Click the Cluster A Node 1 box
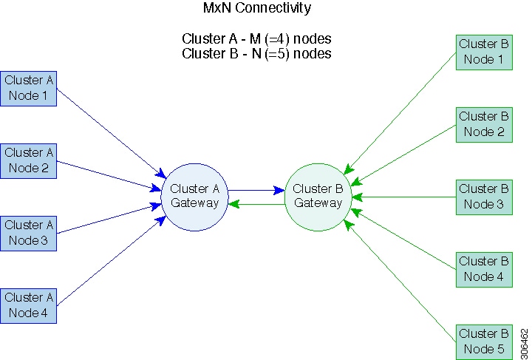click(x=30, y=88)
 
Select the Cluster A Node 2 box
click(x=30, y=160)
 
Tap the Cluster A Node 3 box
click(x=30, y=233)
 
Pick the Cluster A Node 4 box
click(x=30, y=305)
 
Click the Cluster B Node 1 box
click(x=484, y=52)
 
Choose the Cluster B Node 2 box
click(x=484, y=124)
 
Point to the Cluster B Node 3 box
click(x=484, y=197)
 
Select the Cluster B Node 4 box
click(x=484, y=269)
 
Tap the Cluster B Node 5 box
click(x=484, y=342)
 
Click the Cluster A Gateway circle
click(x=194, y=196)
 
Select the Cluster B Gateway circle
click(x=318, y=196)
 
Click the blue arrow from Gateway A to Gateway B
click(x=256, y=190)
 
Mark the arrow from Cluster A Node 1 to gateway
click(x=111, y=133)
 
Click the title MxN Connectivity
click(x=256, y=9)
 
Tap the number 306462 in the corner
click(x=524, y=341)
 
